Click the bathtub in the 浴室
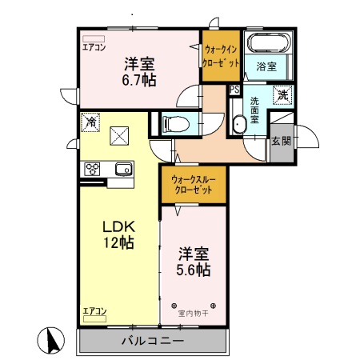[x=269, y=42]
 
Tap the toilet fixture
[x=177, y=124]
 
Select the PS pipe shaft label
[x=234, y=90]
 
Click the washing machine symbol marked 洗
[x=282, y=95]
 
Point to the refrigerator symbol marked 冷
[x=90, y=122]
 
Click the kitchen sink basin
[x=123, y=169]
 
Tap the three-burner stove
[x=92, y=169]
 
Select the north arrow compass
[x=50, y=340]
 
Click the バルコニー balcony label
[x=153, y=341]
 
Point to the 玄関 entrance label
[x=281, y=141]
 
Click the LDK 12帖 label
[x=119, y=234]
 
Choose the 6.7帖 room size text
[x=139, y=80]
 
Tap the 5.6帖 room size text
[x=194, y=270]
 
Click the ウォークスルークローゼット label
[x=194, y=185]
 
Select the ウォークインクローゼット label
[x=221, y=56]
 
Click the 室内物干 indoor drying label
[x=193, y=313]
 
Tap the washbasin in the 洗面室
[x=239, y=125]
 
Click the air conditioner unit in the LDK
[x=94, y=318]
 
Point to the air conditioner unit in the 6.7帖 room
[x=94, y=39]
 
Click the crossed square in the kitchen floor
[x=119, y=136]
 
